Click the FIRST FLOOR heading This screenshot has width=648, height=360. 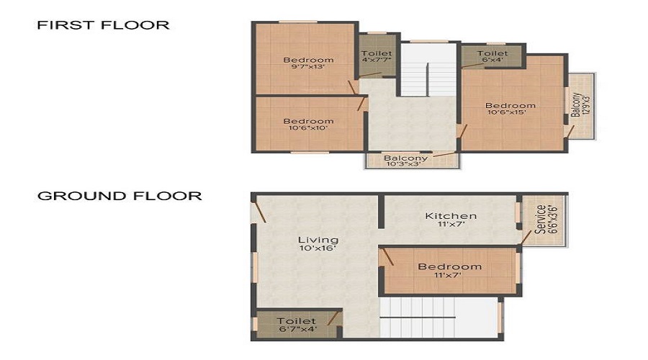(103, 25)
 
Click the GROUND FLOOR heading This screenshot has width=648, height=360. (120, 196)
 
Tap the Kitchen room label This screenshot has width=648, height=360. (451, 215)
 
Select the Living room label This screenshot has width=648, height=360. (318, 240)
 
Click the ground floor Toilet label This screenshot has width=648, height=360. (297, 321)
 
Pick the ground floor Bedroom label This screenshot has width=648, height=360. (450, 266)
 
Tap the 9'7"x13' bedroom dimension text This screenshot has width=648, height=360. (308, 67)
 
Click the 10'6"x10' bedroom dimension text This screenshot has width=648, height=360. (308, 129)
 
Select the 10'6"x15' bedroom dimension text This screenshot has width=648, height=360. (511, 113)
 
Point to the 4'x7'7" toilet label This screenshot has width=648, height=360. (377, 60)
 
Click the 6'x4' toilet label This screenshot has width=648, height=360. (492, 60)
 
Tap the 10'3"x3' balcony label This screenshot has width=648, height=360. (405, 164)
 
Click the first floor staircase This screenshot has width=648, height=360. (429, 72)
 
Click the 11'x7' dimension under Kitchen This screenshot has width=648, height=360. (451, 225)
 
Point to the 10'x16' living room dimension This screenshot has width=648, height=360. (318, 248)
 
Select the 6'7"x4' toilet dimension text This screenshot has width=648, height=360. (297, 330)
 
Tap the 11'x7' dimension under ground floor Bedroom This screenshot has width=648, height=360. (450, 276)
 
